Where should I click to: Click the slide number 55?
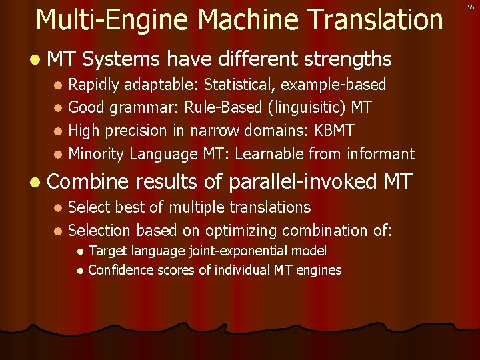(x=470, y=6)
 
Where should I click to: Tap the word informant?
(x=381, y=154)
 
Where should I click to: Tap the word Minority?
(x=97, y=154)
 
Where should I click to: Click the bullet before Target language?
(x=80, y=252)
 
